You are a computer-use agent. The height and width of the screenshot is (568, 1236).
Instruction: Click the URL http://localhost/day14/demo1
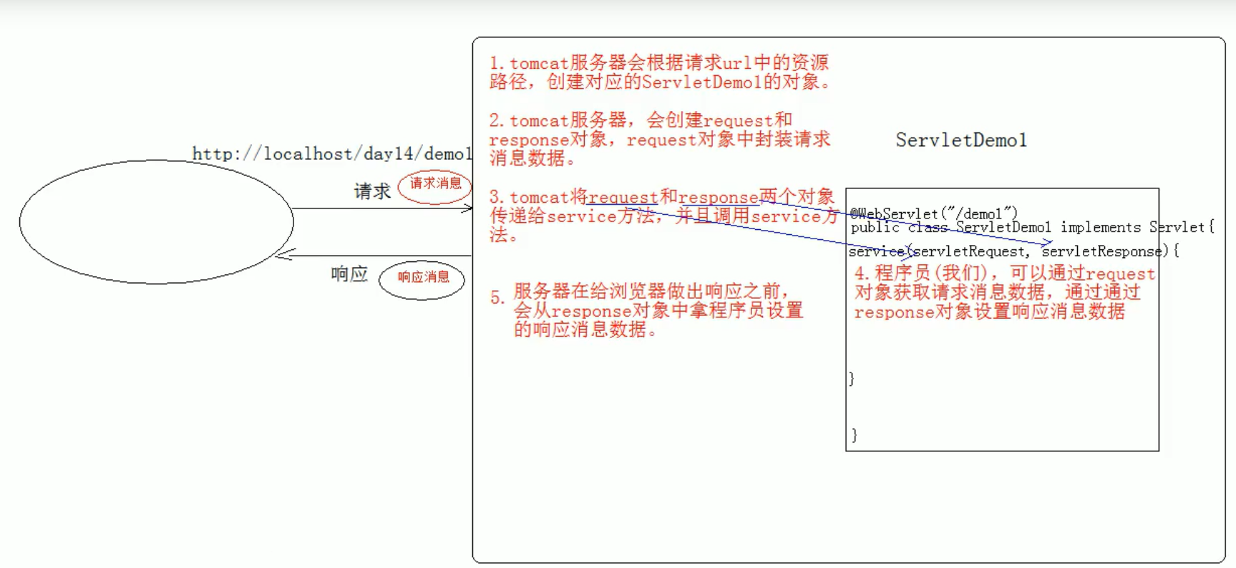pyautogui.click(x=332, y=154)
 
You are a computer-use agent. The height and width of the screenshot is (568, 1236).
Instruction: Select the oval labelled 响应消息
pyautogui.click(x=422, y=279)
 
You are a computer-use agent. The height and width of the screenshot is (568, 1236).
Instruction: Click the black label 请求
pyautogui.click(x=372, y=191)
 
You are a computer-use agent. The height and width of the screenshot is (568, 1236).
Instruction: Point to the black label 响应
pyautogui.click(x=349, y=274)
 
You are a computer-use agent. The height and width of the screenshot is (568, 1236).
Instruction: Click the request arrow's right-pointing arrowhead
pyautogui.click(x=467, y=208)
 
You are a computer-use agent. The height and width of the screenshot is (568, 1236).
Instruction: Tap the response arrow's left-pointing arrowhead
pyautogui.click(x=284, y=255)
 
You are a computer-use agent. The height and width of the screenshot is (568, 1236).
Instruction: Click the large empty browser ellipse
pyautogui.click(x=156, y=221)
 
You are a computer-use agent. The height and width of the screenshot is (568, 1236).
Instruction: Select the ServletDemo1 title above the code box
pyautogui.click(x=961, y=140)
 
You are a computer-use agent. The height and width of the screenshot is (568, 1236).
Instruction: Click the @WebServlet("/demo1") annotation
pyautogui.click(x=933, y=213)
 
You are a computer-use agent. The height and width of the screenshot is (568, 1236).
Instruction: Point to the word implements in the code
pyautogui.click(x=1101, y=227)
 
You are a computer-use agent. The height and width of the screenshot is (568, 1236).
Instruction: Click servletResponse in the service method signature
pyautogui.click(x=1101, y=251)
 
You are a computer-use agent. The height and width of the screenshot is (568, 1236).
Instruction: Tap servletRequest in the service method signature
pyautogui.click(x=970, y=251)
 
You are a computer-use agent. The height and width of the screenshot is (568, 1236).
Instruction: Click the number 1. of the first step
pyautogui.click(x=497, y=64)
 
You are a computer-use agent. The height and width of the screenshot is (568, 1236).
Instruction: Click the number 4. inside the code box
pyautogui.click(x=862, y=274)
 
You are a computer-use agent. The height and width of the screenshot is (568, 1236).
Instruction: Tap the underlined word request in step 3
pyautogui.click(x=623, y=198)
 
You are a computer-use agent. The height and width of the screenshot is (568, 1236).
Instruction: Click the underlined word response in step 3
pyautogui.click(x=718, y=198)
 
